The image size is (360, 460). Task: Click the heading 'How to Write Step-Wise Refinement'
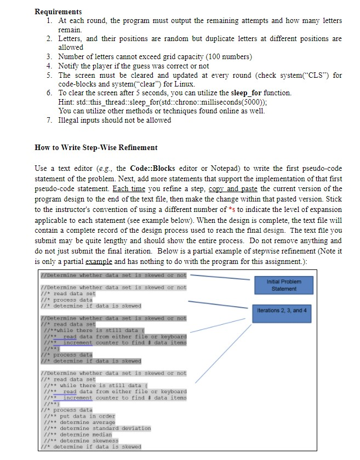point(96,147)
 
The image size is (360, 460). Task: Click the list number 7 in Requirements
point(49,120)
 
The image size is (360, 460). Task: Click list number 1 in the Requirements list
point(49,21)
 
